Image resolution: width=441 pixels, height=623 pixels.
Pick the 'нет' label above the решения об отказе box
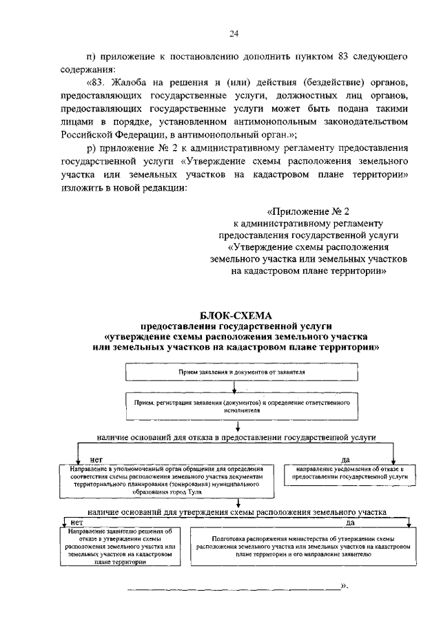68,524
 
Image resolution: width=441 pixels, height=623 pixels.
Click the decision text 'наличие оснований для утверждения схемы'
236,512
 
